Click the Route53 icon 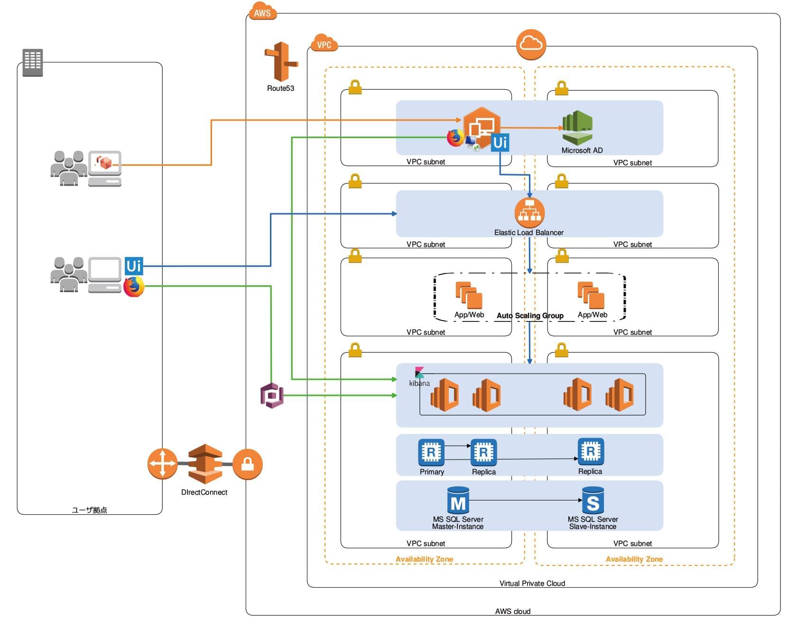click(x=281, y=62)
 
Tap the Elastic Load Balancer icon click(x=529, y=213)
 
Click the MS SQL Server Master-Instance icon click(x=458, y=500)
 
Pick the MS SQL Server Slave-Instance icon click(x=593, y=500)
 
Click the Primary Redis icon click(x=431, y=452)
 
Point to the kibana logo click(x=419, y=373)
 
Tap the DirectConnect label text click(x=204, y=492)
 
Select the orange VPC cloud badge click(x=324, y=44)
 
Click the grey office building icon click(x=33, y=62)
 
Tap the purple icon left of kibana click(x=272, y=395)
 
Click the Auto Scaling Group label click(x=530, y=316)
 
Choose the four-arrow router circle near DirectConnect click(x=162, y=464)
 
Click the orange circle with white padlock click(x=247, y=464)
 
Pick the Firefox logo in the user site click(x=134, y=287)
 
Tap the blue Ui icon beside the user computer click(x=134, y=265)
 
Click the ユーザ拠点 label click(x=89, y=510)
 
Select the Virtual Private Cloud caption click(x=532, y=583)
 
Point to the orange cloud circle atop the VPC click(x=531, y=45)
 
